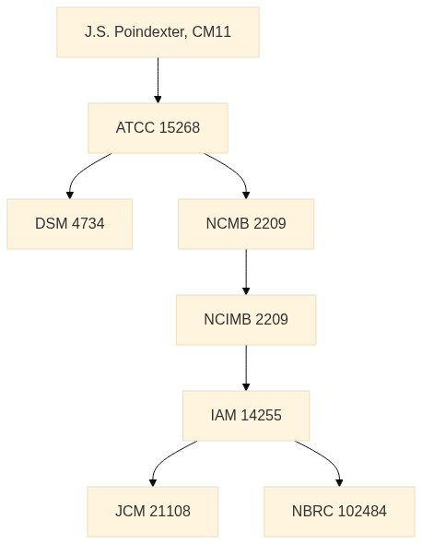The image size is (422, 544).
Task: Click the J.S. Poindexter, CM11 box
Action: pyautogui.click(x=158, y=32)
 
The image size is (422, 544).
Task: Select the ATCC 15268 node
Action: pyautogui.click(x=158, y=127)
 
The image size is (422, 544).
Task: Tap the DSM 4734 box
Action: pyautogui.click(x=70, y=224)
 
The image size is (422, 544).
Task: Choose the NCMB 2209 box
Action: pyautogui.click(x=246, y=224)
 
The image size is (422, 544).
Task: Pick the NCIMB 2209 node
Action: pyautogui.click(x=246, y=320)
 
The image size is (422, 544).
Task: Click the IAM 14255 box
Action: pyautogui.click(x=246, y=416)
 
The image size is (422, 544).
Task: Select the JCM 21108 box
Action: pyautogui.click(x=153, y=512)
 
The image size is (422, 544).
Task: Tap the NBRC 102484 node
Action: pyautogui.click(x=339, y=512)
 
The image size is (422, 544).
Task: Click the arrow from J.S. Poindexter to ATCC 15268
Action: pyautogui.click(x=158, y=80)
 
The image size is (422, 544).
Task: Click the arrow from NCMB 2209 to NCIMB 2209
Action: pyautogui.click(x=246, y=272)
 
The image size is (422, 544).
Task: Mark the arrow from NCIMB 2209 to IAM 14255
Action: pyautogui.click(x=246, y=368)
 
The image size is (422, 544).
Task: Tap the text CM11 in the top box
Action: pyautogui.click(x=211, y=32)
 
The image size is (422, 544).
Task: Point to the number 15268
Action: pyautogui.click(x=180, y=127)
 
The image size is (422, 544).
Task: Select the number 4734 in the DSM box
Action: pyautogui.click(x=88, y=224)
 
